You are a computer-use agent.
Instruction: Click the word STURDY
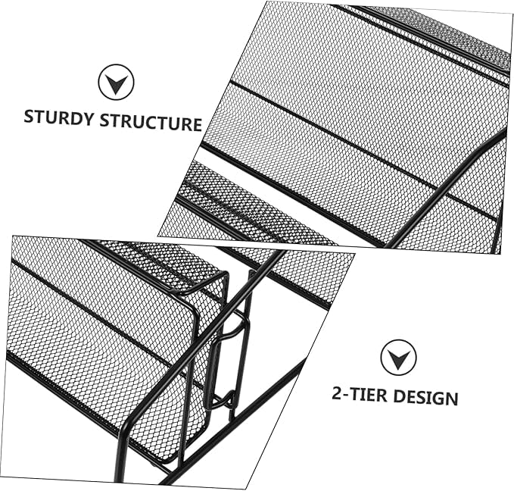pos(58,118)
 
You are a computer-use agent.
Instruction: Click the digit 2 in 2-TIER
pos(337,392)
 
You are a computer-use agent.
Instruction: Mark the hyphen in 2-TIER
pos(347,393)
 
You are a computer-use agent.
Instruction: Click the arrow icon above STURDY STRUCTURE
pos(116,82)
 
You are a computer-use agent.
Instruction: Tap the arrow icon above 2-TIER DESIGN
pos(398,357)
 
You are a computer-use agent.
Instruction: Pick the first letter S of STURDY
pos(30,117)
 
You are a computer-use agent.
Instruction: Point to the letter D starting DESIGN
pos(398,396)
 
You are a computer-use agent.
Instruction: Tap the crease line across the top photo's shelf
pos(356,144)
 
